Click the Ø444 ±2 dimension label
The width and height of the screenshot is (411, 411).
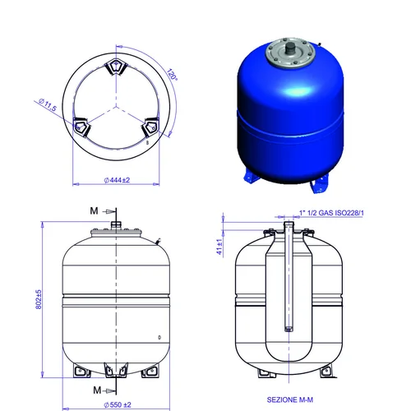[117, 180]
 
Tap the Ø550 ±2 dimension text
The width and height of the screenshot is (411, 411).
[118, 404]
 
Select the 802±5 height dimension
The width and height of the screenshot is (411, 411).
[39, 299]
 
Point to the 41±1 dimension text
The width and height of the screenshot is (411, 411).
[219, 247]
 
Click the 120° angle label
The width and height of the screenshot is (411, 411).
[173, 74]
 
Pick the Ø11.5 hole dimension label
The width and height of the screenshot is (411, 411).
[48, 104]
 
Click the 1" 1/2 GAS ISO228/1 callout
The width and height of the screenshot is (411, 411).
[331, 213]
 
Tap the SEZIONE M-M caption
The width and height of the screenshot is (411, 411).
[290, 399]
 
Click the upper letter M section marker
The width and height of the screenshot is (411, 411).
[94, 210]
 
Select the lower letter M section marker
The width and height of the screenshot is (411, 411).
[97, 390]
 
